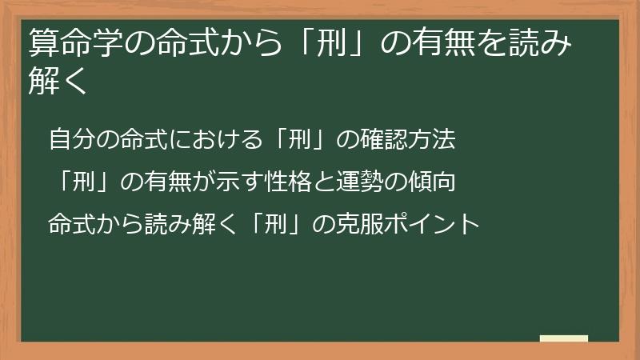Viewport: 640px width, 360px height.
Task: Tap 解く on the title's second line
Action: pyautogui.click(x=57, y=80)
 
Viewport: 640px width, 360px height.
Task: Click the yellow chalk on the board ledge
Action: pyautogui.click(x=564, y=338)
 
